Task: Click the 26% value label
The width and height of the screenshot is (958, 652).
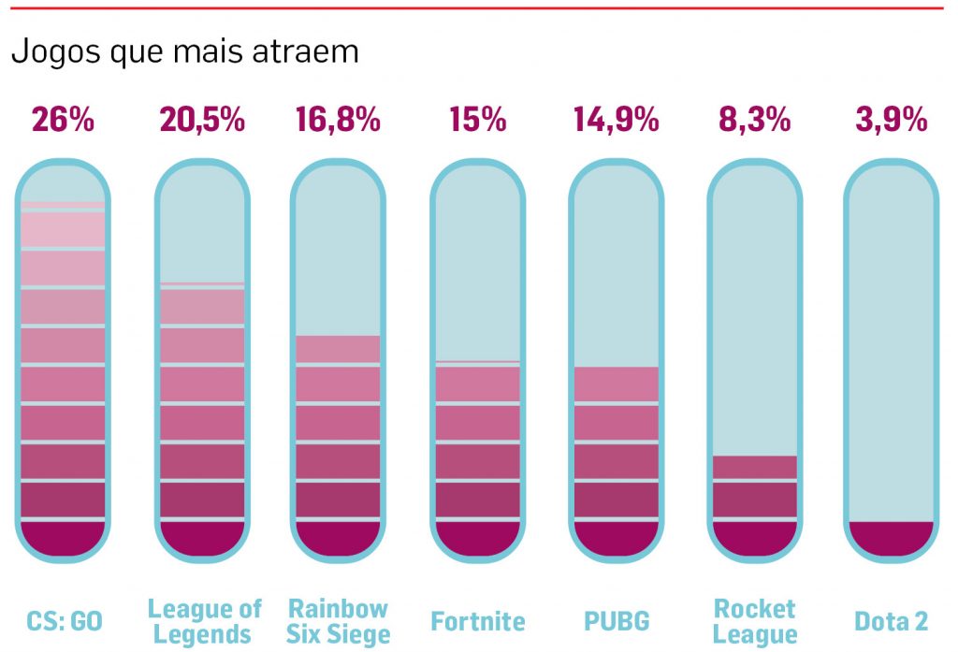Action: tap(63, 120)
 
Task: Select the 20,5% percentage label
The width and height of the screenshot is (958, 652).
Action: tap(202, 120)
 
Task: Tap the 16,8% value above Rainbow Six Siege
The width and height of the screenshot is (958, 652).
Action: tap(338, 120)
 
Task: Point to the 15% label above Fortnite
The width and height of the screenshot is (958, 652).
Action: tap(477, 120)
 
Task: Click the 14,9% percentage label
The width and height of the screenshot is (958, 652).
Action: tap(616, 120)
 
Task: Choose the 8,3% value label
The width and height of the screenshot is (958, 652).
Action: tap(754, 120)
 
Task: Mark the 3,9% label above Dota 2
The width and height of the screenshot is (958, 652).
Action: tap(891, 120)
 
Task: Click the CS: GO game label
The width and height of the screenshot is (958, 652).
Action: tap(64, 621)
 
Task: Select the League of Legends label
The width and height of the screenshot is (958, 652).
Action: tap(204, 621)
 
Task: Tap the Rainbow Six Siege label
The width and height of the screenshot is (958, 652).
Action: tap(339, 621)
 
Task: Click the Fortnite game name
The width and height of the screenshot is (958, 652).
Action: tap(478, 621)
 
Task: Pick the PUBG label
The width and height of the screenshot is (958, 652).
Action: tap(617, 621)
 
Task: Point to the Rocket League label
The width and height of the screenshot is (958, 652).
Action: tap(755, 621)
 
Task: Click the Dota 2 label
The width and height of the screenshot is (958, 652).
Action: tap(891, 621)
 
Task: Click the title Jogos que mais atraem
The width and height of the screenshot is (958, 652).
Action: tap(185, 51)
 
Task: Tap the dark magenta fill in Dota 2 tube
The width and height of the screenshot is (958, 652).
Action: tap(891, 538)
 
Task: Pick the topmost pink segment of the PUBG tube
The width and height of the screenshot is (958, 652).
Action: tap(617, 383)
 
